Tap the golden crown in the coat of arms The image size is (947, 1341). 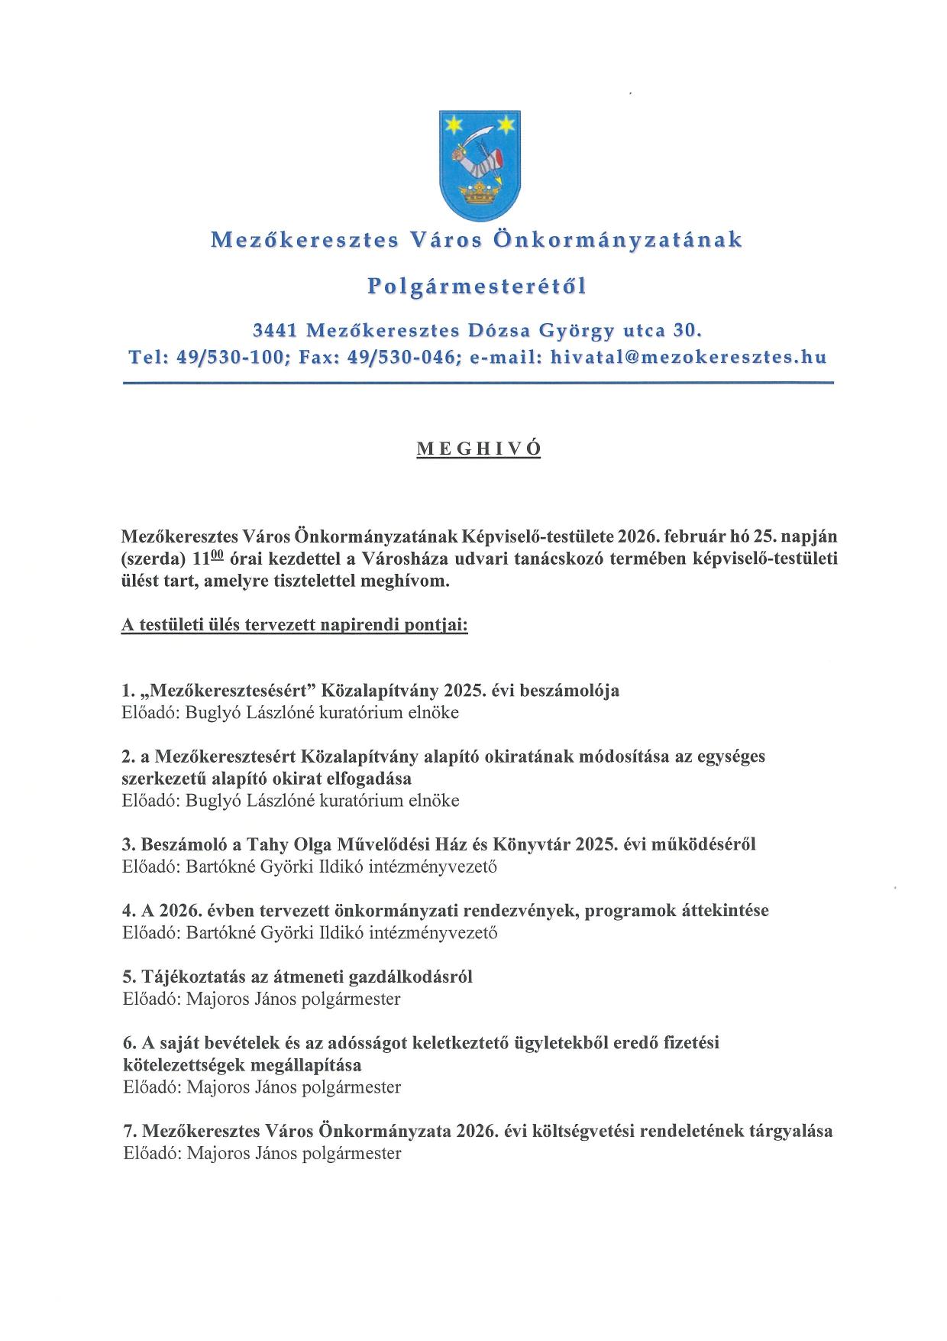coord(473,192)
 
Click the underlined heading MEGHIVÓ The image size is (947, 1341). coord(478,449)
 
